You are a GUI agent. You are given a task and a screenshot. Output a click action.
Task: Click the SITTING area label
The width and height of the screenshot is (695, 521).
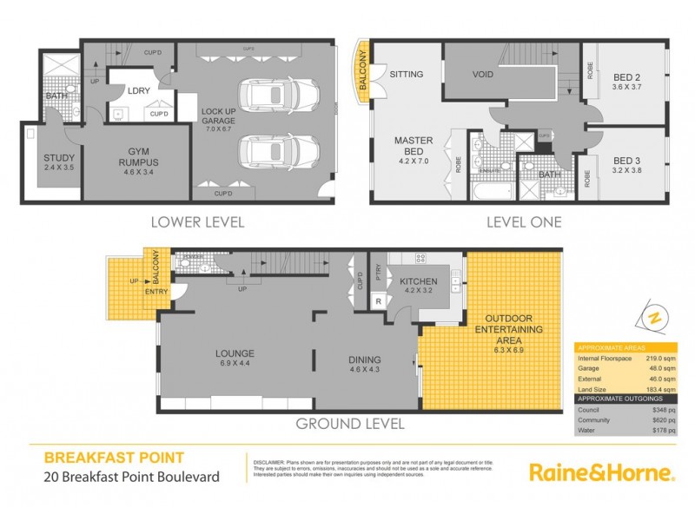click(406, 75)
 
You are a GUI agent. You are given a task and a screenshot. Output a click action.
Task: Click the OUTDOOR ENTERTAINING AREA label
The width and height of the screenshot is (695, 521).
click(514, 329)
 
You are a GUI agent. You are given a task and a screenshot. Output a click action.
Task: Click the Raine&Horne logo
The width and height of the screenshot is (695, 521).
click(601, 472)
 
